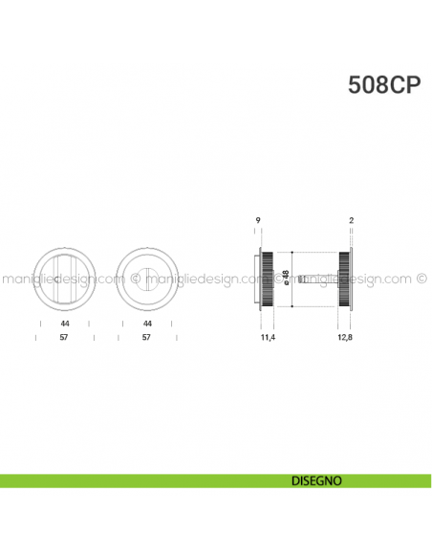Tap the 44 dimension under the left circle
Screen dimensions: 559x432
point(63,324)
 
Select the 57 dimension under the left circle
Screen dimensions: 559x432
point(63,338)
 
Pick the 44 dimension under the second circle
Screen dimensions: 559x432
point(147,324)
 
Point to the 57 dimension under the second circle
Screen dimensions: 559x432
point(147,338)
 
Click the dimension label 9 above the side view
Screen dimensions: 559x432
point(258,221)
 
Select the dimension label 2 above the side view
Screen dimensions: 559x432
point(352,221)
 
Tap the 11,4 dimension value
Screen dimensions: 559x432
point(268,338)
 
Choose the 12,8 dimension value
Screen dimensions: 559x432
point(346,338)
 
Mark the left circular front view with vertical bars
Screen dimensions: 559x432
point(63,279)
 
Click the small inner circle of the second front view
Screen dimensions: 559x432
point(147,279)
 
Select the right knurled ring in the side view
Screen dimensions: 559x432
point(344,279)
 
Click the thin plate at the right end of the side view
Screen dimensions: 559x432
point(352,279)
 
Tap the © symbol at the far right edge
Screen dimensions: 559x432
point(422,279)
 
